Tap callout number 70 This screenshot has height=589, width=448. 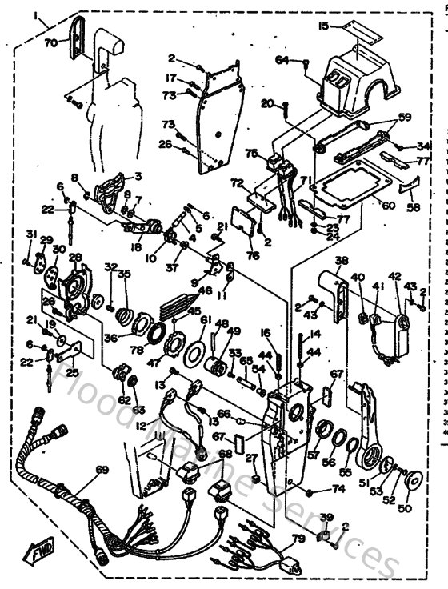click(50, 44)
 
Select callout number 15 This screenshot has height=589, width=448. click(322, 26)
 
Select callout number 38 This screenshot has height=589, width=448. click(342, 261)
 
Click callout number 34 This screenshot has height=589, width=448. click(423, 146)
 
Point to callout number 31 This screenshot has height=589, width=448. click(30, 233)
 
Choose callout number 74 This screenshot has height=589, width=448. click(339, 488)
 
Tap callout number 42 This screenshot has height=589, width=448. click(394, 276)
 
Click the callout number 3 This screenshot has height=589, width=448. click(137, 175)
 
